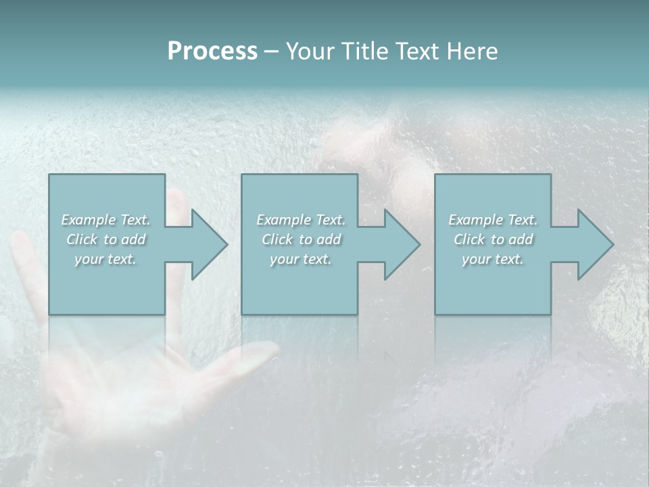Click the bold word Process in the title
click(212, 51)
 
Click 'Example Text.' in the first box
click(105, 220)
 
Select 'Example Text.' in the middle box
click(301, 220)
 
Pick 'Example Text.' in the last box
click(493, 220)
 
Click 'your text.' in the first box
click(105, 259)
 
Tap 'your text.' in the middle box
click(301, 259)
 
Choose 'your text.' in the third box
click(493, 259)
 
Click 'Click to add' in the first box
click(105, 239)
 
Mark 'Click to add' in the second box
click(301, 239)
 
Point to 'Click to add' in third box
click(493, 239)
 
